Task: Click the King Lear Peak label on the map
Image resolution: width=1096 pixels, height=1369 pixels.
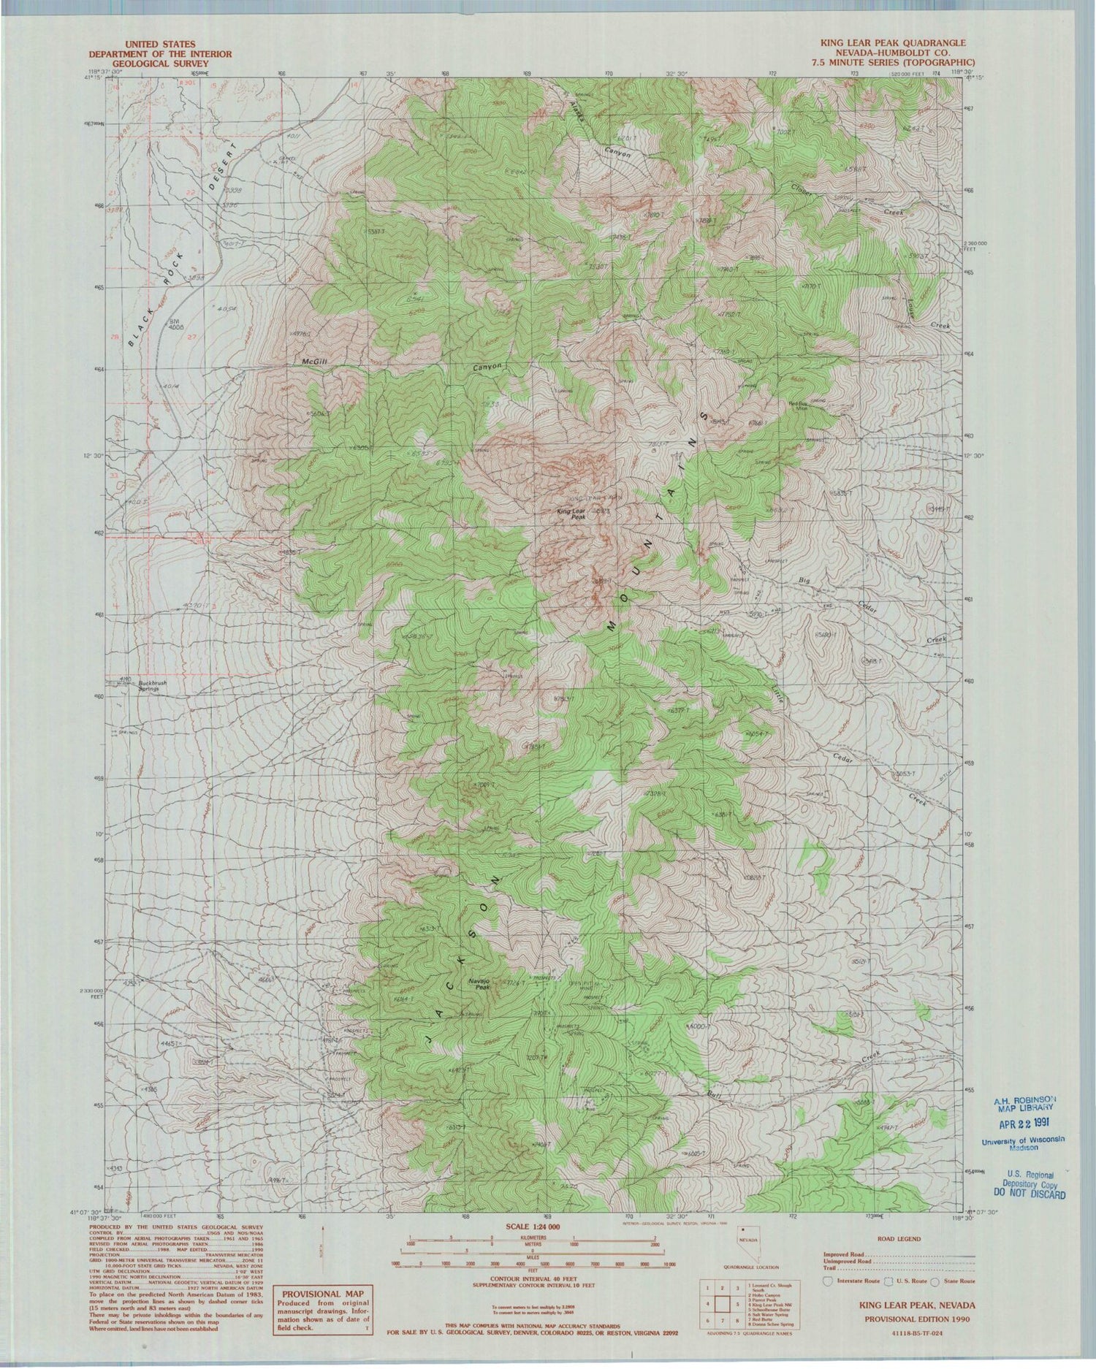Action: point(571,514)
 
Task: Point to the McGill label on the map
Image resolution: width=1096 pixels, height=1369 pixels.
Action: point(314,361)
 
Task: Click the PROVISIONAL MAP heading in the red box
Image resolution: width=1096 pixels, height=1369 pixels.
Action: point(322,1292)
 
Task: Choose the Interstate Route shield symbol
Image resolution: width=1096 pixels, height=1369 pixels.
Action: point(827,1280)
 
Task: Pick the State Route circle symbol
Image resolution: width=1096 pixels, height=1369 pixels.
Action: point(934,1280)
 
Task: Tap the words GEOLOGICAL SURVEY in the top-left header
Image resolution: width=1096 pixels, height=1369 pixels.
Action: point(160,64)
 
